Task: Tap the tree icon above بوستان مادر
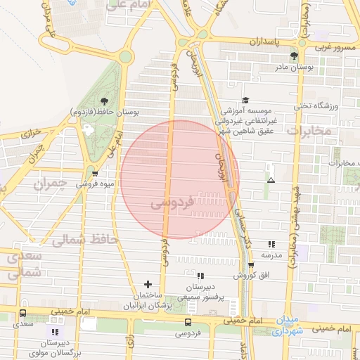pos(294,56)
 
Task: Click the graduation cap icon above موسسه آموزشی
pos(245,100)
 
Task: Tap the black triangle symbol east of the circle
pos(271,181)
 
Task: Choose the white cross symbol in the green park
pos(87,129)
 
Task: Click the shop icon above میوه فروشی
pos(95,174)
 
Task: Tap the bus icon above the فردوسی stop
pos(187,321)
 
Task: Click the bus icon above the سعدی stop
pos(23,314)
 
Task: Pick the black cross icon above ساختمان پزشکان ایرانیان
pos(148,283)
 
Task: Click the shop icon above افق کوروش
pos(251,264)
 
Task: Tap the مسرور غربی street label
pos(337,47)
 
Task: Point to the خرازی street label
pos(30,133)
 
